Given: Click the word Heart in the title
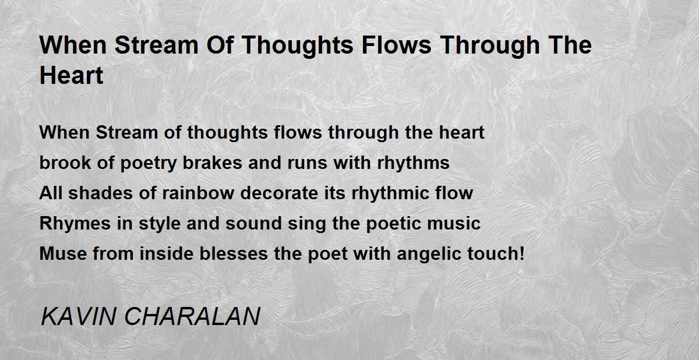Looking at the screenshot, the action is (71, 76).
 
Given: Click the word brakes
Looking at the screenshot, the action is (212, 163).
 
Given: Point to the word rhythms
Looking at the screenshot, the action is (413, 163).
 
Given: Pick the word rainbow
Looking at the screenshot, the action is (198, 193).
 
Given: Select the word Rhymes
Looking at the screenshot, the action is (75, 223).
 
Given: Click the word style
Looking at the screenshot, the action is (160, 223).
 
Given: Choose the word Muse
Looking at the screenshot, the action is (63, 253).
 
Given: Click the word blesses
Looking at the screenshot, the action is (234, 253).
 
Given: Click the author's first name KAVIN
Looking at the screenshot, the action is (78, 317).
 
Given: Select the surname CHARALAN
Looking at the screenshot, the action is (192, 317).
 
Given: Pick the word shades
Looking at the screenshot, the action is (100, 193).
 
